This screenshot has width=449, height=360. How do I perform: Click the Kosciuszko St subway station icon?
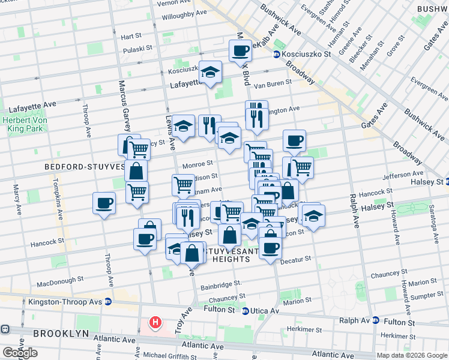click(x=276, y=54)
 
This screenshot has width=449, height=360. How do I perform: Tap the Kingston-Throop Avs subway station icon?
click(x=108, y=301)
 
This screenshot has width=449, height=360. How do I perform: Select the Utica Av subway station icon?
click(x=245, y=311)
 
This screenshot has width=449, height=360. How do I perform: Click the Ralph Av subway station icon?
click(x=376, y=320)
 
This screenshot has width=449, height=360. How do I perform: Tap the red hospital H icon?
click(x=155, y=323)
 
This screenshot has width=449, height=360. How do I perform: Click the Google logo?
click(x=20, y=353)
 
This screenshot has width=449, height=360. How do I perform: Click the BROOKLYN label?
click(x=61, y=333)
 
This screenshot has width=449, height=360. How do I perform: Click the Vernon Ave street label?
click(x=173, y=3)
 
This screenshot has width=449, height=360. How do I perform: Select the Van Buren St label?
click(x=268, y=85)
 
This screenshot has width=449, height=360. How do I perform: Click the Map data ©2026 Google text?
click(x=411, y=355)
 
